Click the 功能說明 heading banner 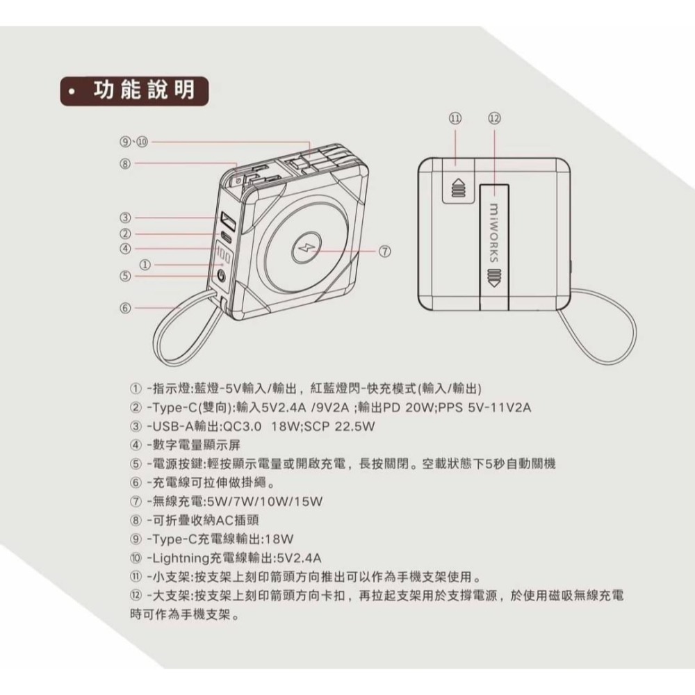tap(132, 91)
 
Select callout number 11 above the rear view tap(455, 118)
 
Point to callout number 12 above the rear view tap(494, 118)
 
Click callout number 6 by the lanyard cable tap(125, 306)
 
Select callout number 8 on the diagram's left tap(125, 165)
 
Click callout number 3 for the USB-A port tap(125, 218)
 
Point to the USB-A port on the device tap(227, 222)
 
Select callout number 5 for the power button tap(125, 276)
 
